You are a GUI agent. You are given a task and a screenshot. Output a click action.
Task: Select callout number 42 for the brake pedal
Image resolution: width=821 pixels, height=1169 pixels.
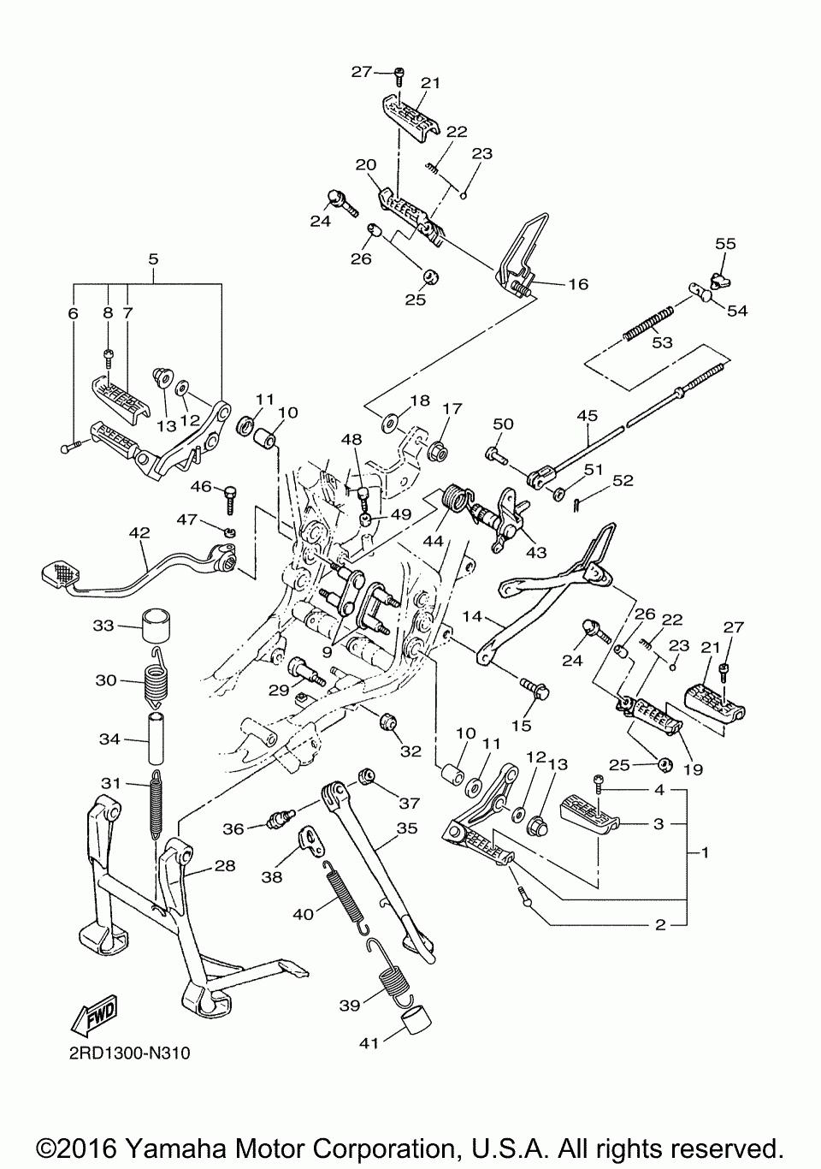(139, 533)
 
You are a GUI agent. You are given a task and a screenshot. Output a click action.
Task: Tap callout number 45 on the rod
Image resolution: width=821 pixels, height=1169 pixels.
(587, 416)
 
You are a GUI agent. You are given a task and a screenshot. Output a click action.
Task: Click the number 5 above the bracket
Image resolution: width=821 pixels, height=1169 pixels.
(153, 257)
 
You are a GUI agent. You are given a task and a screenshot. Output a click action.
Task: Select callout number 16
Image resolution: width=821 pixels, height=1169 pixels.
(578, 283)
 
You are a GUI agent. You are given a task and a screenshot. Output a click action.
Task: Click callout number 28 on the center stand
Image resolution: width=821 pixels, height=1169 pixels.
(224, 866)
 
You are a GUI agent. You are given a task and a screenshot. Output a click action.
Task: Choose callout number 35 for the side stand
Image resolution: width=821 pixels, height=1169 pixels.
(407, 828)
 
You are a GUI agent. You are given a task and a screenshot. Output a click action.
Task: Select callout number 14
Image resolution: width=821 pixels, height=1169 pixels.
(473, 616)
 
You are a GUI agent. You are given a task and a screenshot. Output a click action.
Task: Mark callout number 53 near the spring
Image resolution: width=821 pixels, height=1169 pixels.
(662, 343)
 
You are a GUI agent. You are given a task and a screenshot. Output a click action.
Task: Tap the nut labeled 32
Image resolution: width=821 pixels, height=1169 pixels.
(387, 722)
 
